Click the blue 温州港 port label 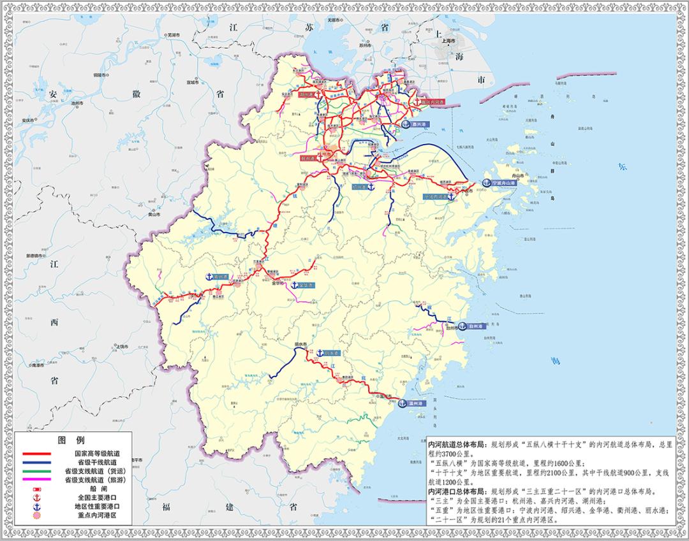click(x=417, y=403)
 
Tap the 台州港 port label click(x=477, y=326)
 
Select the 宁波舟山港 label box click(x=507, y=182)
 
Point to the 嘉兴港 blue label click(x=418, y=125)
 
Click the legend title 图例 click(x=71, y=440)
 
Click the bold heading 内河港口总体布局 click(x=458, y=492)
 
